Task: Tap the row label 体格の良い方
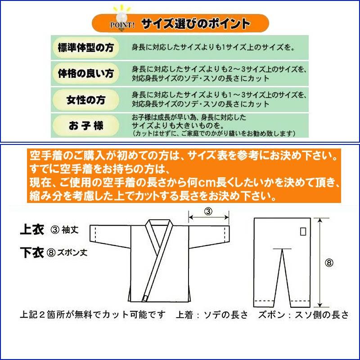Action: pyautogui.click(x=85, y=73)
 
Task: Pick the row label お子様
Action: pyautogui.click(x=85, y=126)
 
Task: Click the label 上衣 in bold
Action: pyautogui.click(x=32, y=230)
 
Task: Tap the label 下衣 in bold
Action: pyautogui.click(x=32, y=252)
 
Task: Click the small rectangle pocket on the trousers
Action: pyautogui.click(x=303, y=231)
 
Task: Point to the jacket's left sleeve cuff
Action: pyautogui.click(x=95, y=234)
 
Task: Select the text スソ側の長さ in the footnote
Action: pyautogui.click(x=325, y=315)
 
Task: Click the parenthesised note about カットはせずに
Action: pyautogui.click(x=214, y=134)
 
